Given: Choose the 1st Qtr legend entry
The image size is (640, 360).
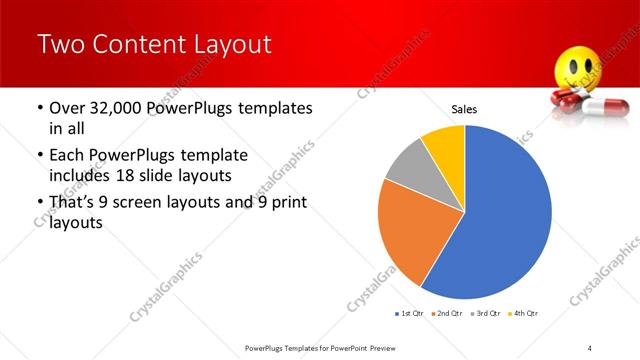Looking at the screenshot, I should coord(409,313).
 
